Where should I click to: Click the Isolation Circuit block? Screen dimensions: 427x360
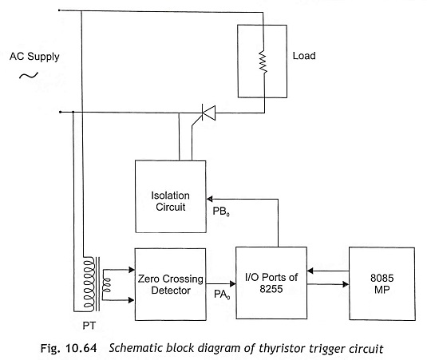click(x=171, y=196)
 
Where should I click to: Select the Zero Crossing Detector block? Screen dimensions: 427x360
click(x=171, y=284)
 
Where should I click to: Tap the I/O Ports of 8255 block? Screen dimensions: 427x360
click(x=271, y=283)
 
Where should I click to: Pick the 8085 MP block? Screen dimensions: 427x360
click(x=382, y=283)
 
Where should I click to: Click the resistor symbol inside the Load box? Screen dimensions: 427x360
click(x=263, y=61)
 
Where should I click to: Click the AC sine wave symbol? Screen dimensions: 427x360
click(x=29, y=75)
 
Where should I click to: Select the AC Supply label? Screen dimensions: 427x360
click(x=34, y=57)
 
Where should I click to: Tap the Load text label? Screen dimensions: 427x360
click(x=304, y=56)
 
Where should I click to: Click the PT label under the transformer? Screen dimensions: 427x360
click(x=89, y=326)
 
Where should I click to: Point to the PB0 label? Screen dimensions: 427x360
click(x=221, y=212)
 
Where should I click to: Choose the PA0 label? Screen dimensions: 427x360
click(x=222, y=295)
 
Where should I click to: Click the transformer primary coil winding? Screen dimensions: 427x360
click(x=89, y=283)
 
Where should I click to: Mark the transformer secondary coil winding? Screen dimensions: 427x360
click(x=106, y=285)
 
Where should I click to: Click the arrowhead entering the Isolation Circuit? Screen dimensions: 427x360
click(x=209, y=199)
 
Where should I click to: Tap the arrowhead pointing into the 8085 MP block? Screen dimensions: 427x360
click(x=346, y=284)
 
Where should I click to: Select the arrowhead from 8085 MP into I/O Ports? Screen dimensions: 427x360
click(x=310, y=271)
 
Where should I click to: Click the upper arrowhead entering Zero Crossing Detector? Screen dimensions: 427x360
click(x=132, y=270)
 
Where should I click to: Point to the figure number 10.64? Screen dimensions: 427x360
click(x=81, y=348)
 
